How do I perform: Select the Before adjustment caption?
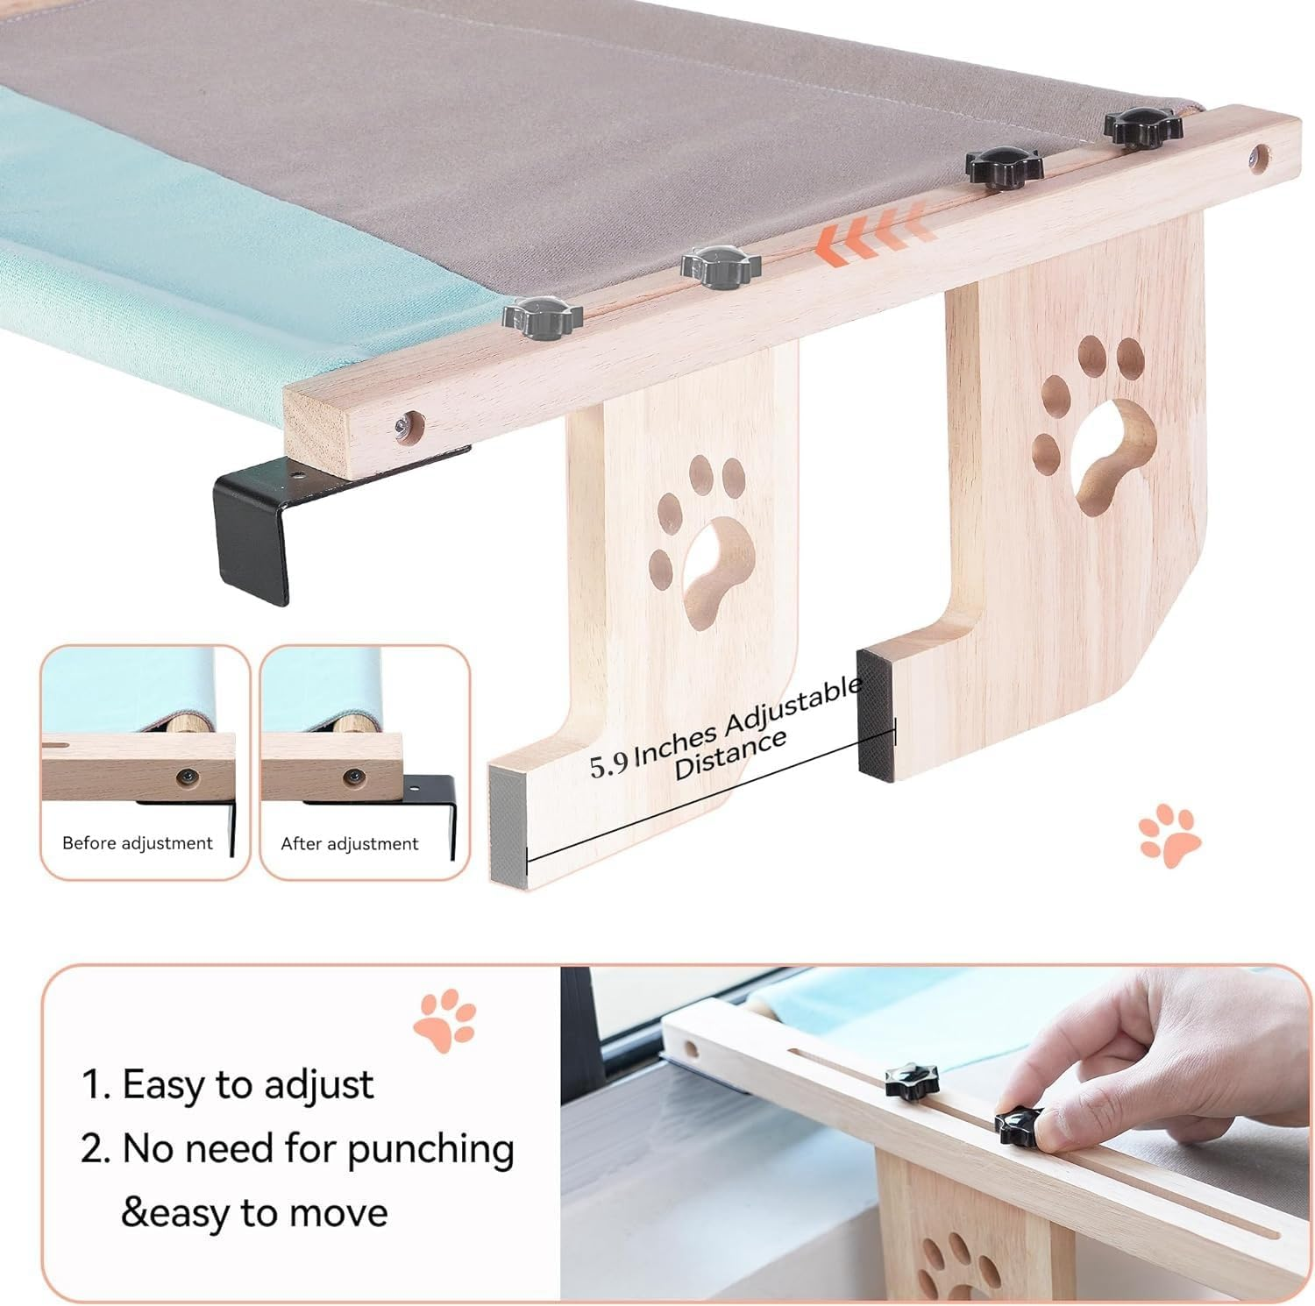pyautogui.click(x=137, y=843)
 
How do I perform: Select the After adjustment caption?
pyautogui.click(x=349, y=844)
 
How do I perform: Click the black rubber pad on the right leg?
pyautogui.click(x=876, y=714)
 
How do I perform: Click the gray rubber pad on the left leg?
pyautogui.click(x=508, y=825)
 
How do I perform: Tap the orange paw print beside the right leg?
pyautogui.click(x=1170, y=834)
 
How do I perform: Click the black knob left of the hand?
pyautogui.click(x=911, y=1080)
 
